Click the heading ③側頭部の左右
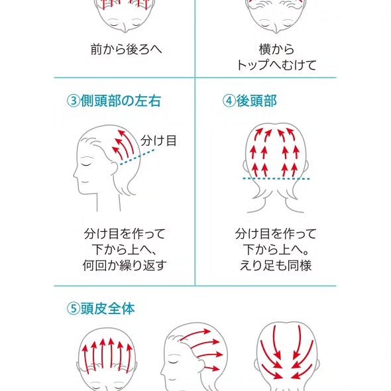[x=113, y=101]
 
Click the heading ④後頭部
[x=250, y=101]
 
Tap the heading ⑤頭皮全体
[x=101, y=309]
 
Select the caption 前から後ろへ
[x=126, y=48]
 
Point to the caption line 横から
[x=276, y=49]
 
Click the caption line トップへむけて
[x=276, y=65]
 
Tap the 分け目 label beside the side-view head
[x=158, y=140]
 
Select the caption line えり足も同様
[x=276, y=266]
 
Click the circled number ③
[x=73, y=101]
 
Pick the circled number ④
[x=229, y=101]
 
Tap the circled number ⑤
[x=73, y=309]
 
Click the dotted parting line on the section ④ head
[x=276, y=179]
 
